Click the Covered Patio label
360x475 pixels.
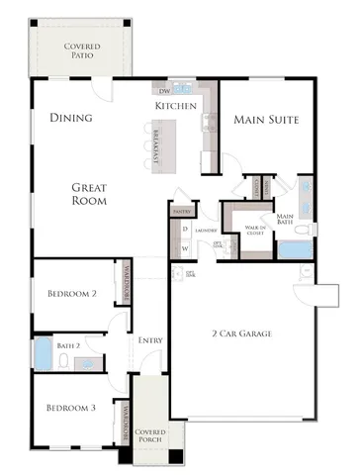pos(81,51)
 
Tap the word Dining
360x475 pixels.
pos(70,118)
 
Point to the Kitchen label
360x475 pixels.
pos(175,106)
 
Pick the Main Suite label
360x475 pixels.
pos(266,119)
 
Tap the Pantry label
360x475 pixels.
pos(181,211)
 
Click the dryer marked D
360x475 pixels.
pos(185,230)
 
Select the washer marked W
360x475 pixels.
pos(185,247)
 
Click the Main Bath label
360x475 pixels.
pos(286,220)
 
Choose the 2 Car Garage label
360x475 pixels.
pos(241,333)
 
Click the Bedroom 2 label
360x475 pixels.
pos(71,293)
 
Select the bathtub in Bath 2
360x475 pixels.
pos(44,353)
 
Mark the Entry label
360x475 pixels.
pos(150,340)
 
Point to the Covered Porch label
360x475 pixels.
pos(151,436)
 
